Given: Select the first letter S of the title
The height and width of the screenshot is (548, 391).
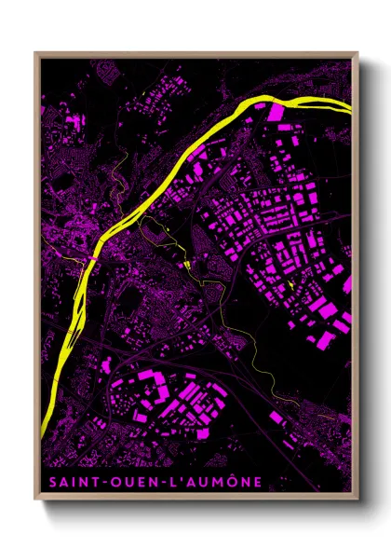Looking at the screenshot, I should click(47, 481).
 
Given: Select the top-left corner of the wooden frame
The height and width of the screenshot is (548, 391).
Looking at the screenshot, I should click(35, 54).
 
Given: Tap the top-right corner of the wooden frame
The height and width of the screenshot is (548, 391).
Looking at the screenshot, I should click(357, 54).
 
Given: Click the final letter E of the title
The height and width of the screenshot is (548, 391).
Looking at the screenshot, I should click(257, 481).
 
